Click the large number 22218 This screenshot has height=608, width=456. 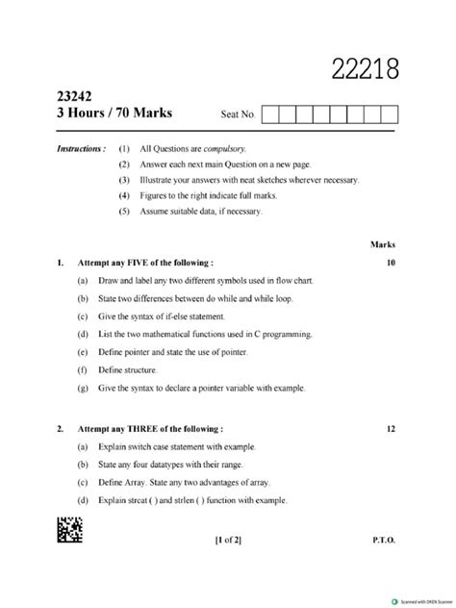click(365, 69)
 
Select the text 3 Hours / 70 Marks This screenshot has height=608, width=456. click(114, 113)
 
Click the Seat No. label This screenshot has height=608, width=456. click(238, 115)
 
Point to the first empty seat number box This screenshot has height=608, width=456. click(270, 114)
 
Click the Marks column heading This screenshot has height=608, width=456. click(383, 244)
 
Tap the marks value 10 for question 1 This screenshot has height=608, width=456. click(390, 262)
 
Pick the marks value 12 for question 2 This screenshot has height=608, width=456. click(390, 428)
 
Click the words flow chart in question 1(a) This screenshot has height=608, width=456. click(292, 280)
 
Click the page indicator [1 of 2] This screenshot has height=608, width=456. click(228, 540)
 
